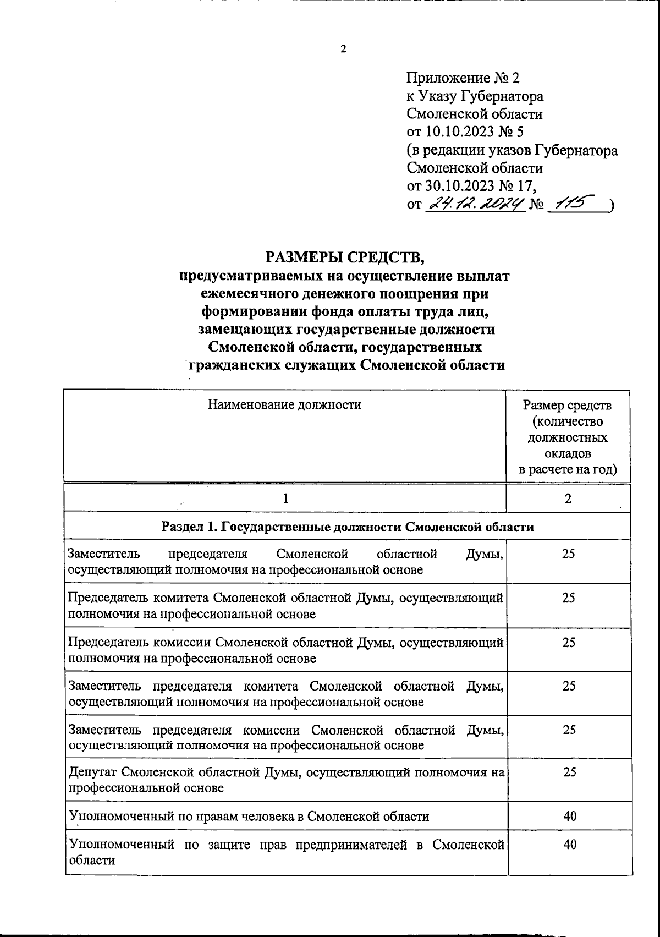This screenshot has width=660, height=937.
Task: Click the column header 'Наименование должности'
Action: click(x=284, y=406)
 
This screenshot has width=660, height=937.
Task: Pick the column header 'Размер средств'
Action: click(x=567, y=406)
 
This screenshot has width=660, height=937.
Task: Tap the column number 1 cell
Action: click(x=285, y=498)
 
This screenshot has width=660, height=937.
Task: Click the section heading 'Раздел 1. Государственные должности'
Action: click(x=348, y=527)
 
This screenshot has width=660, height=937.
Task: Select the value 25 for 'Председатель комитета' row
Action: click(x=568, y=598)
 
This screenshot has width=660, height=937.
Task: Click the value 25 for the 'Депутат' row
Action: click(x=569, y=772)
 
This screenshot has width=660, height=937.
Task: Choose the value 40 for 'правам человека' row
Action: click(x=570, y=816)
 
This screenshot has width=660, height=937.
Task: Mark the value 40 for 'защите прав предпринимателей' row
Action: click(x=570, y=845)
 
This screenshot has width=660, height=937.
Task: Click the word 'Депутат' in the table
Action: click(x=91, y=772)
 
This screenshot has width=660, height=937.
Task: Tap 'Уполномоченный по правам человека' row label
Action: click(x=249, y=817)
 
